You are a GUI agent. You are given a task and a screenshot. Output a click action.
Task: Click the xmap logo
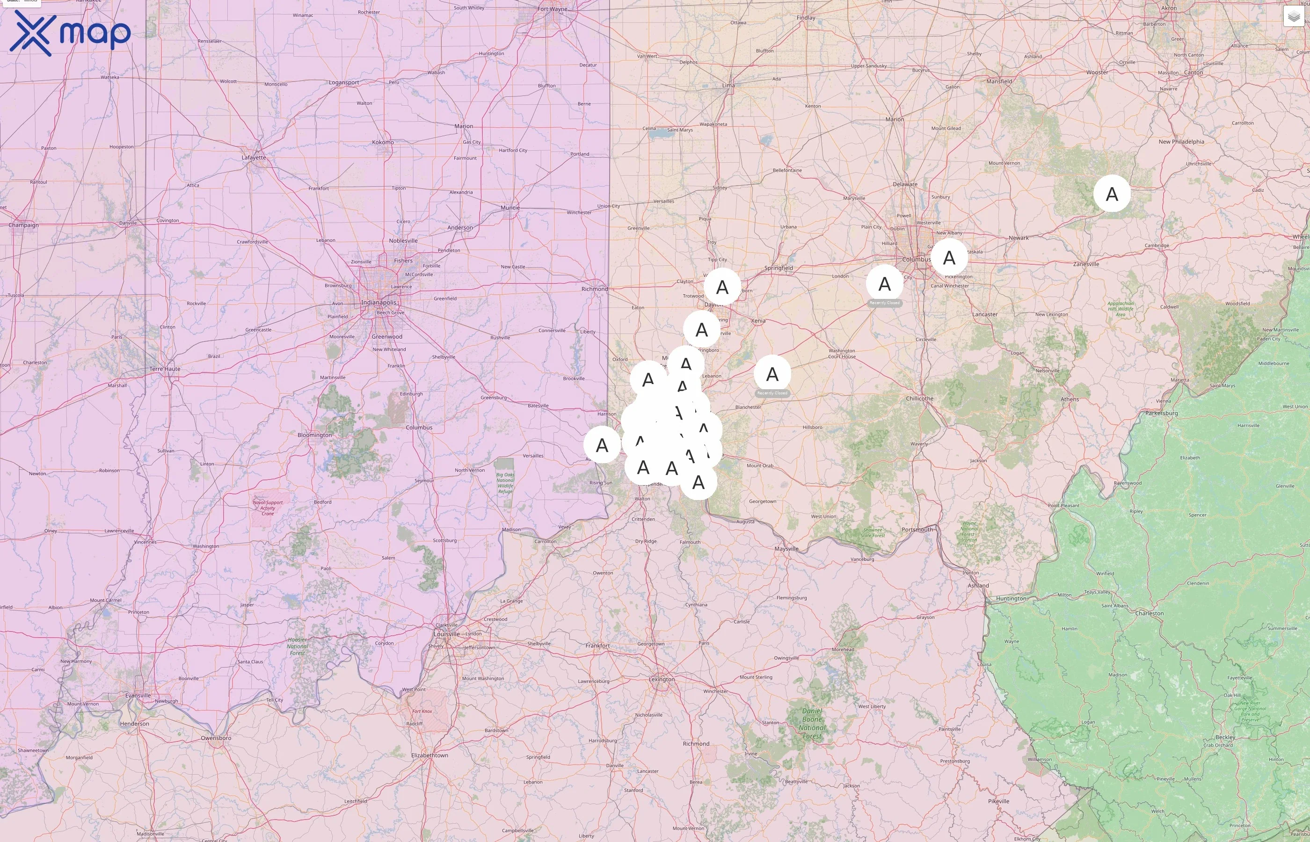[x=70, y=33]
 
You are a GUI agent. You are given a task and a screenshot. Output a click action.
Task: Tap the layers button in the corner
[x=1294, y=17]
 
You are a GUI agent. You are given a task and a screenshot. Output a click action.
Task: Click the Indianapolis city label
[x=378, y=302]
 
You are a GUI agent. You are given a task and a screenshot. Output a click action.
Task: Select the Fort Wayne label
[x=552, y=9]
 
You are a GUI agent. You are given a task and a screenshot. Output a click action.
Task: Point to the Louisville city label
[x=447, y=634]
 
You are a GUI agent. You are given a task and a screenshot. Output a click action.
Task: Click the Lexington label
[x=662, y=679]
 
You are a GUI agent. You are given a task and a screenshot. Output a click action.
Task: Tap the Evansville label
[x=138, y=696]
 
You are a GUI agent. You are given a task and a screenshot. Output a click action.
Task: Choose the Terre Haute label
[x=165, y=369]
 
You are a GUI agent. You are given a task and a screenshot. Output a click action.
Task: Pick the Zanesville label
[x=1086, y=264]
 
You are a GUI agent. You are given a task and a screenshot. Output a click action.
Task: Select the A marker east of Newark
[x=1112, y=194]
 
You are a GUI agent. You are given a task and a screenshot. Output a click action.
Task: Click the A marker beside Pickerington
[x=949, y=257]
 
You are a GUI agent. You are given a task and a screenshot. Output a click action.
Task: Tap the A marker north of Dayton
[x=722, y=286]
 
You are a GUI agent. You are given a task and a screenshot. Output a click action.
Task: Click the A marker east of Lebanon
[x=772, y=374]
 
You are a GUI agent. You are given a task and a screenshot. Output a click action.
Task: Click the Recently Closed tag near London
[x=884, y=303]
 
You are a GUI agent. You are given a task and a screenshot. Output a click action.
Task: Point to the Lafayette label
[x=254, y=158]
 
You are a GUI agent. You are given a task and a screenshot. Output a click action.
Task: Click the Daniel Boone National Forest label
[x=812, y=723]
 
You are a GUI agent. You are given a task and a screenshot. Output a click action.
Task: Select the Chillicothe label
[x=920, y=399]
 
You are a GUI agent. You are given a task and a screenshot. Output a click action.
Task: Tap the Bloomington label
[x=314, y=435]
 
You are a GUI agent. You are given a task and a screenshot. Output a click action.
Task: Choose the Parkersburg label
[x=1161, y=414]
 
